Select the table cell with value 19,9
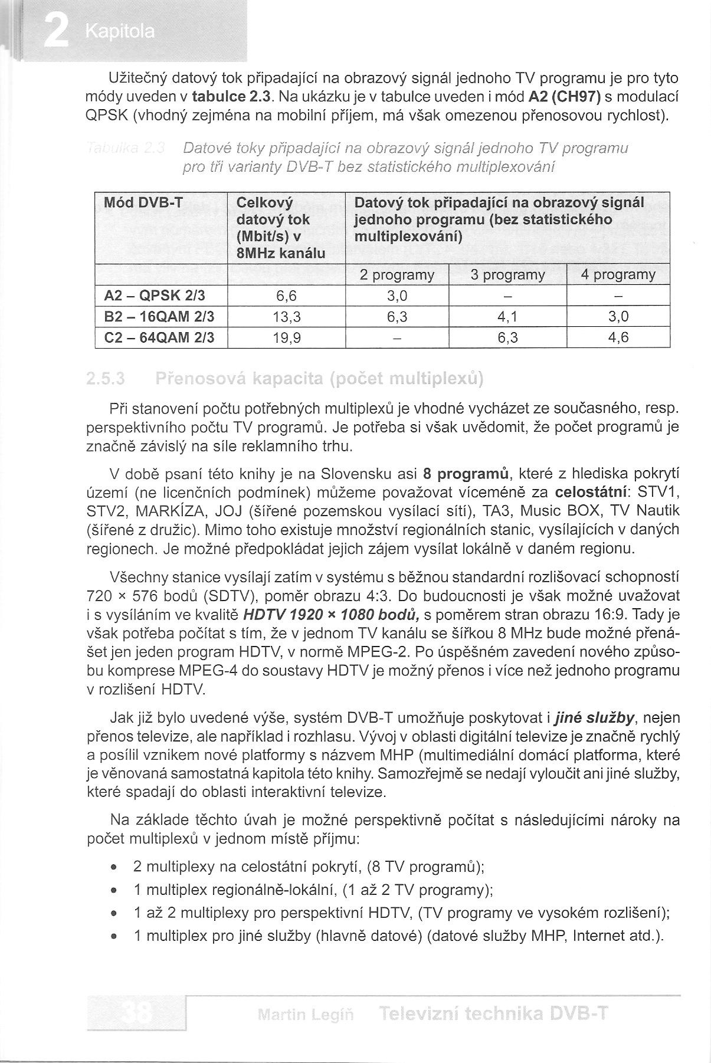(x=288, y=338)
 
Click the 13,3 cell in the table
(x=288, y=317)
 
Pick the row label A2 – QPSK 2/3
(x=155, y=296)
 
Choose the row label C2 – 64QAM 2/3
(x=159, y=338)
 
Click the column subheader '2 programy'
(x=397, y=275)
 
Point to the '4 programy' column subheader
(x=618, y=275)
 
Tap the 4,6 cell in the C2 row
(x=618, y=338)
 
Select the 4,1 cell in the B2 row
(x=507, y=317)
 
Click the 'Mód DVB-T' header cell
(x=143, y=204)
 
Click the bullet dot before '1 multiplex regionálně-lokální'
(x=113, y=890)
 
